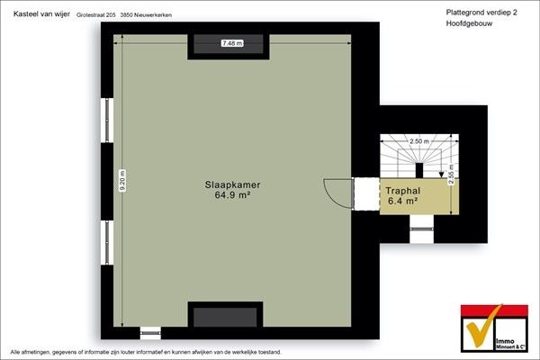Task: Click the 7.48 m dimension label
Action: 232,43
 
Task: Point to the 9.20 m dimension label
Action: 122,180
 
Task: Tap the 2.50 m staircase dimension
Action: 419,141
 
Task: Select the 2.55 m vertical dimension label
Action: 451,175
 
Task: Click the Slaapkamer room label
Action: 232,184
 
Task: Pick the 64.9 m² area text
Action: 232,195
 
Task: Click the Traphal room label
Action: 402,191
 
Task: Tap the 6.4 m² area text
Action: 402,201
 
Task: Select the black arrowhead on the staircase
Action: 441,175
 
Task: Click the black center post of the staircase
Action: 419,170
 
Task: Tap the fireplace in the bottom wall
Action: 225,315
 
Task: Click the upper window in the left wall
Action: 108,121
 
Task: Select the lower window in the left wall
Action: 108,243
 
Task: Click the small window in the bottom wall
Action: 150,333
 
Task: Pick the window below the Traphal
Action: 421,229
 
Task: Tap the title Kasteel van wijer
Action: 41,14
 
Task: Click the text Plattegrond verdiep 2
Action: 481,13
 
